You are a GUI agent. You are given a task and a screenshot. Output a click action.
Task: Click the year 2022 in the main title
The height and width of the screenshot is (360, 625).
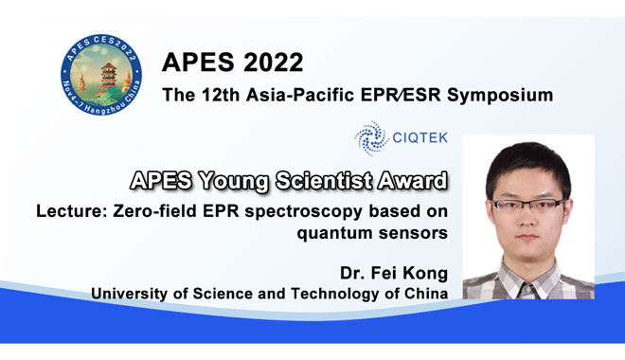point(267,64)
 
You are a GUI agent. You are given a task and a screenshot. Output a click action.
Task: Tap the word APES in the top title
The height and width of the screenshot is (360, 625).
point(196,64)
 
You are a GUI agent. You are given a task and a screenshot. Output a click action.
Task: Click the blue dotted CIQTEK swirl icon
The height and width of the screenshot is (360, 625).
point(370,138)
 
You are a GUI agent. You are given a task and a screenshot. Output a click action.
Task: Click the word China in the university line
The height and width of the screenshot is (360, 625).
point(421,295)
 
